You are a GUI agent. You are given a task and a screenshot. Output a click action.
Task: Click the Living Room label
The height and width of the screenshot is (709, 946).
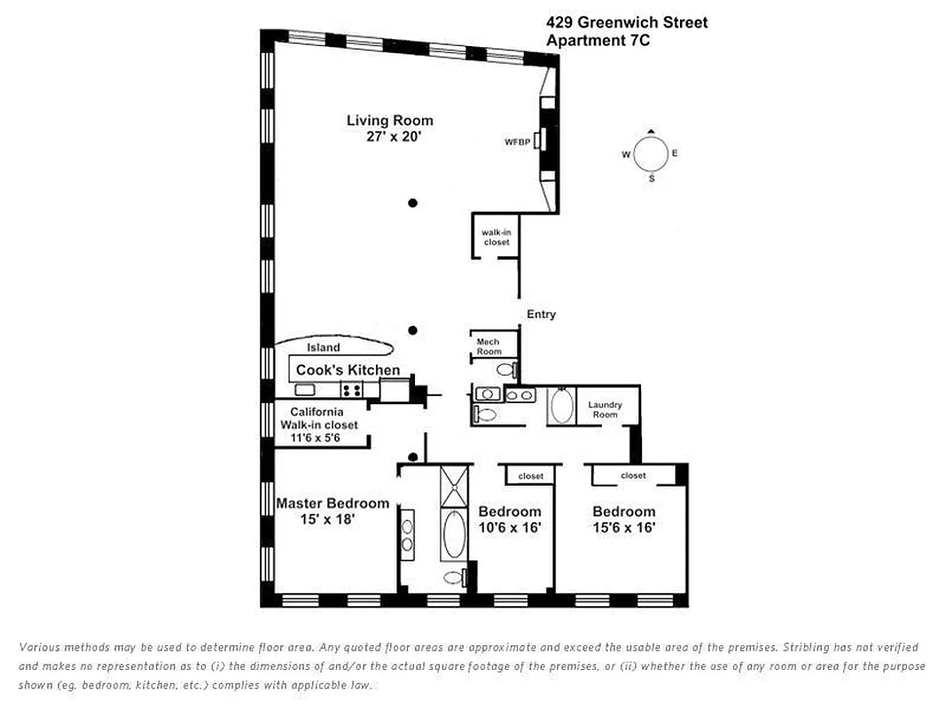389,121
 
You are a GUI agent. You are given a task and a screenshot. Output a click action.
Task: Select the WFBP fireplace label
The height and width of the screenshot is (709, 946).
516,142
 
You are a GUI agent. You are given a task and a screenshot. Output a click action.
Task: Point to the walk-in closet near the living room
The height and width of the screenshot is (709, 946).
496,237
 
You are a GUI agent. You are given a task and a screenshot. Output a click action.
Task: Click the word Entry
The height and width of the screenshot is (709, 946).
541,315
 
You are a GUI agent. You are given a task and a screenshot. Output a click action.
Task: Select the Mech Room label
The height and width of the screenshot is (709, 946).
489,347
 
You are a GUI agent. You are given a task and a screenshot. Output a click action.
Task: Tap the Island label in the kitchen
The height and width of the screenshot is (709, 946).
323,347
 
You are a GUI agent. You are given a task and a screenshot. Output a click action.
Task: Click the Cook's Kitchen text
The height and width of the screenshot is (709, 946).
348,370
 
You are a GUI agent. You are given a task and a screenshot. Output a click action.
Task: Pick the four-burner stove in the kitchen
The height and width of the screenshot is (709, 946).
351,389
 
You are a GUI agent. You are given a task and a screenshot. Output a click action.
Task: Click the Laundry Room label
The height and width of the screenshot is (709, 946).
605,409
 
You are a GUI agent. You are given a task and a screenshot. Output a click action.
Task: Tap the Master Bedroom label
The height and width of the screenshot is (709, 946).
332,503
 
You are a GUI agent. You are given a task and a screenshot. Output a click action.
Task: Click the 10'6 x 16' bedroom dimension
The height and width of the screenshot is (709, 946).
510,526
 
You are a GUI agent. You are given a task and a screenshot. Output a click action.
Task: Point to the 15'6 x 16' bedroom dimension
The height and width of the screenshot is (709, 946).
623,526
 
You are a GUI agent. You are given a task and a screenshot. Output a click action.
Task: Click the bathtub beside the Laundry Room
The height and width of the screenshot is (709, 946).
561,407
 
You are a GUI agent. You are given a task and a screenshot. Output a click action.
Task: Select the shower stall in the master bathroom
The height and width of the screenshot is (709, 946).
453,486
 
